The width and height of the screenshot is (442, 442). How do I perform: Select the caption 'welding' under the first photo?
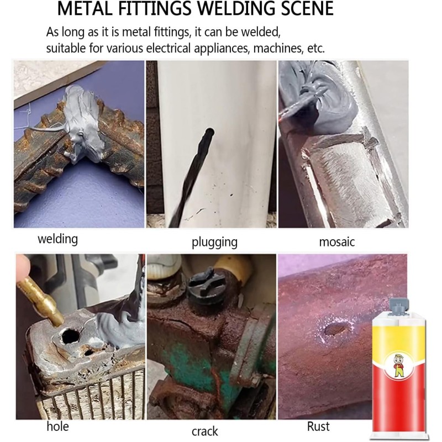pyautogui.click(x=58, y=239)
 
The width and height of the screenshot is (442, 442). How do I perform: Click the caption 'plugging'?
pyautogui.click(x=214, y=242)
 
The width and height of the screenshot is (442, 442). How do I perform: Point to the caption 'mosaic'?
pyautogui.click(x=337, y=242)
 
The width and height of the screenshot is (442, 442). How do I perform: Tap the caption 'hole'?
pyautogui.click(x=57, y=426)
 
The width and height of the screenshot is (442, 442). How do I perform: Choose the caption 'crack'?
pyautogui.click(x=205, y=432)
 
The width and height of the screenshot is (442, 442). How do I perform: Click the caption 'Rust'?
pyautogui.click(x=318, y=426)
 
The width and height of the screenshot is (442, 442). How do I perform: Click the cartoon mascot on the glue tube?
pyautogui.click(x=398, y=365)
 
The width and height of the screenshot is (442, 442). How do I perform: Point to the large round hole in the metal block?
pyautogui.click(x=71, y=336)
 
